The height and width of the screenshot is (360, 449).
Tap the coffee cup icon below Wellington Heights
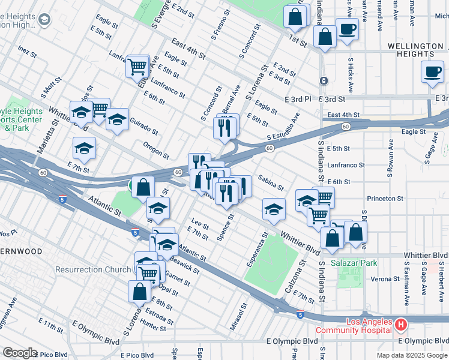[x=432, y=72]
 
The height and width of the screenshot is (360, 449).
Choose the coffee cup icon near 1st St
[x=347, y=28]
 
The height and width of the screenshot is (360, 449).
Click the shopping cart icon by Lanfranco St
[x=137, y=66]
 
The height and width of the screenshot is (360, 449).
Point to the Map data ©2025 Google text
[x=411, y=355]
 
